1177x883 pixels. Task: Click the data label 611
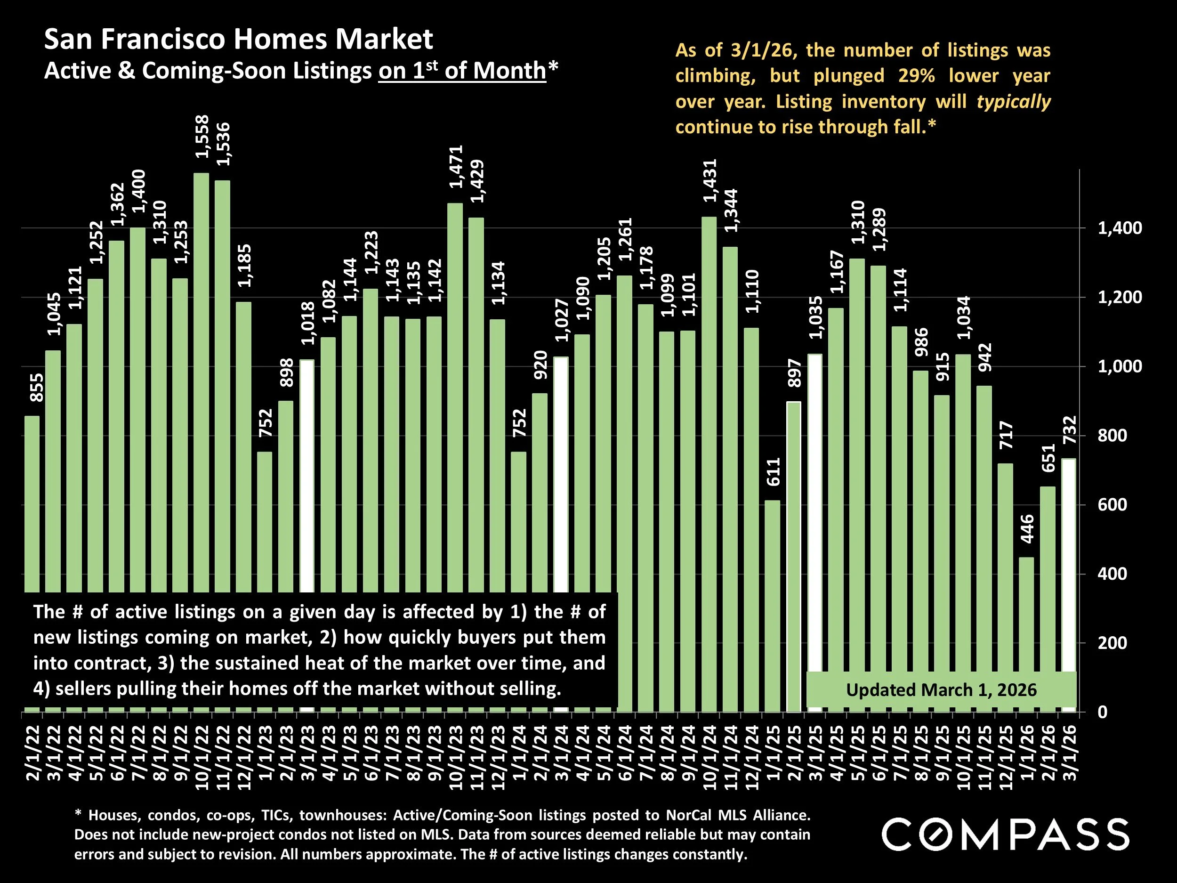[x=773, y=471]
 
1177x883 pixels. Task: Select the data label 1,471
[x=457, y=167]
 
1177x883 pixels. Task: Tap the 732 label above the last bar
[x=1069, y=430]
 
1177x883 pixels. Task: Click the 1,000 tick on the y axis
[x=1120, y=366]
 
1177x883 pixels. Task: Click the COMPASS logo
[x=1005, y=834]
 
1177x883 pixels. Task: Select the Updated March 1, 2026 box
[x=941, y=690]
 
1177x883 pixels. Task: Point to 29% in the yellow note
[x=916, y=75]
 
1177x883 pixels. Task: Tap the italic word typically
[x=1013, y=101]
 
